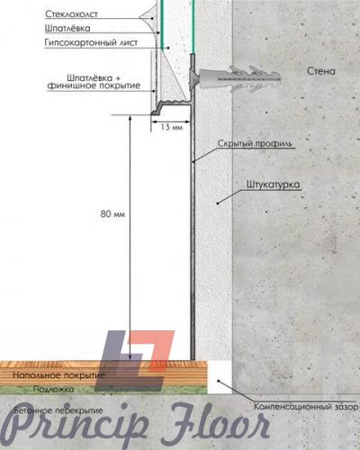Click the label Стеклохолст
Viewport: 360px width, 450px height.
(x=71, y=14)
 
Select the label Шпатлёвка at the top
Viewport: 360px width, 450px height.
(x=67, y=28)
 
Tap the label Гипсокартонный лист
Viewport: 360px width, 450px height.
(x=91, y=42)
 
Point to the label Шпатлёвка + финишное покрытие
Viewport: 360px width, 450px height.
(x=94, y=82)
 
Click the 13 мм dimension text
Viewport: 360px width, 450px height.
(x=171, y=127)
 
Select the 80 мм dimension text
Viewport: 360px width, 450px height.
(x=112, y=214)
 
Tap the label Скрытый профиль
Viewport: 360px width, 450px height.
(x=255, y=143)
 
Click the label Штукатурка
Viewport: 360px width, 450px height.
(x=273, y=184)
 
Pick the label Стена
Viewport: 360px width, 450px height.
(x=321, y=71)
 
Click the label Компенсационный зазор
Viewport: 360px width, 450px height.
(x=306, y=407)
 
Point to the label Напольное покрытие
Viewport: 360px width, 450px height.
(x=58, y=375)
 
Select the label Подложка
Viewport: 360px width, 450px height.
(x=53, y=389)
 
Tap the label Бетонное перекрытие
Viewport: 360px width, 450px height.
(x=58, y=410)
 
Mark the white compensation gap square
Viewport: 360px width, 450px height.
(x=220, y=377)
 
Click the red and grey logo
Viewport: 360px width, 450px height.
(x=134, y=361)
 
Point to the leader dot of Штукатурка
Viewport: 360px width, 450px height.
(x=218, y=203)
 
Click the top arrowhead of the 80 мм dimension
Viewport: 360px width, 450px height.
(x=130, y=117)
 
